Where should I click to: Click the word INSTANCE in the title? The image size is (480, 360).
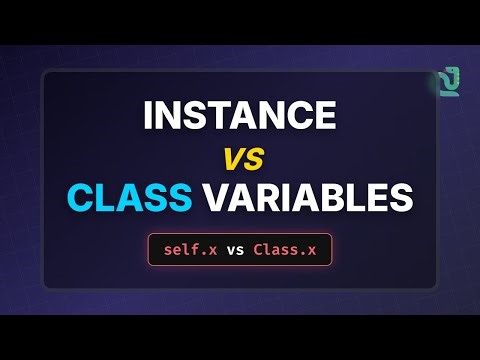[x=239, y=116]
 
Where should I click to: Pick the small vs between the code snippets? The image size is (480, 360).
[x=236, y=249]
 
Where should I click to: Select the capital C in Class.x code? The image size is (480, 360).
[x=259, y=249]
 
